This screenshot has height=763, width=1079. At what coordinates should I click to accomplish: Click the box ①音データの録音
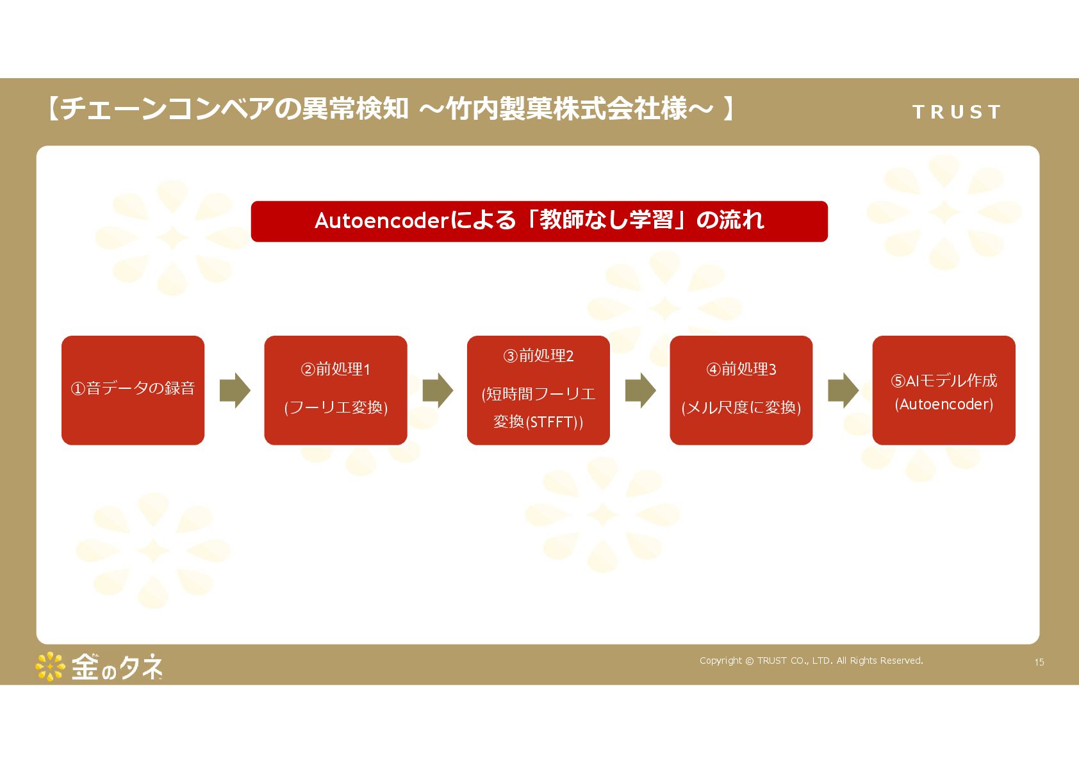point(133,390)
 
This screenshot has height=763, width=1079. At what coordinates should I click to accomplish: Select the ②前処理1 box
point(335,390)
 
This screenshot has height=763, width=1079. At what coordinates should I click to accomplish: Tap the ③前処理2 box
point(538,390)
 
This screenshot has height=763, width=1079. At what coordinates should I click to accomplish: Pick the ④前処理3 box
point(741,390)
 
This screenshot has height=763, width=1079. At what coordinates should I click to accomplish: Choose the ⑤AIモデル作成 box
point(943,390)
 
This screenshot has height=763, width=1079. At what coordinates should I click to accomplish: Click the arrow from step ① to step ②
point(235,390)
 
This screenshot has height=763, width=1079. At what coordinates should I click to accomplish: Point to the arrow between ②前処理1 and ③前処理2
point(438,390)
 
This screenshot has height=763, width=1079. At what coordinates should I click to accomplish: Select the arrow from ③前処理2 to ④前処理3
point(640,390)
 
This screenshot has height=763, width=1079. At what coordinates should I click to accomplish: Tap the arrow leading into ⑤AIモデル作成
point(843,390)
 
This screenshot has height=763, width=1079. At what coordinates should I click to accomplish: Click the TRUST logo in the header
point(957,112)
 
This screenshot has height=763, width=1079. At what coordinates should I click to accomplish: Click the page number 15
point(1039,662)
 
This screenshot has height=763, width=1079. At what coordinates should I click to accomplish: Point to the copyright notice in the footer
point(811,660)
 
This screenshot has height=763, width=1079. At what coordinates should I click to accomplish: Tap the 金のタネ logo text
point(117,667)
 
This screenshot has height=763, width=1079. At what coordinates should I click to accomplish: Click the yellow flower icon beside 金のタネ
point(50,667)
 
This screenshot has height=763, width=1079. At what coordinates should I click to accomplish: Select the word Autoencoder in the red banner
point(382,221)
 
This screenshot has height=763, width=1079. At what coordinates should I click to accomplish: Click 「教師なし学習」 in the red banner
point(605,220)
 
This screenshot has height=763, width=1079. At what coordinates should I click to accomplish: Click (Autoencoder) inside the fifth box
point(944,404)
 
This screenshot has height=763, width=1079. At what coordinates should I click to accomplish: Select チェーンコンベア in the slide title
point(167,109)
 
